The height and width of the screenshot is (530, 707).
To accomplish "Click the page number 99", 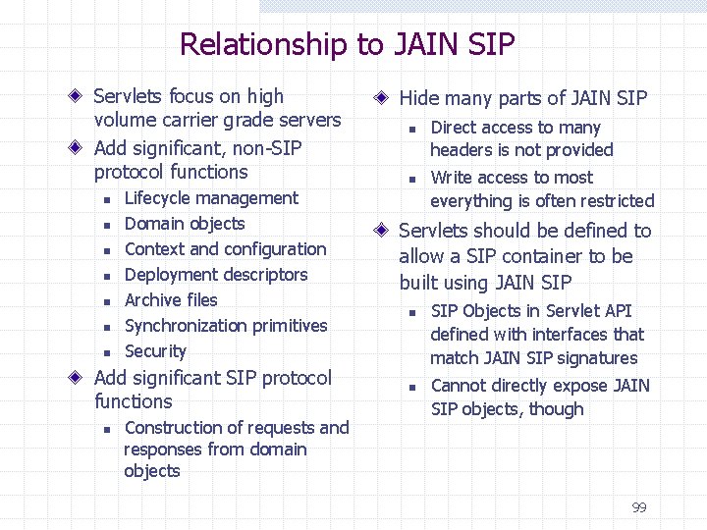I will click(x=639, y=507).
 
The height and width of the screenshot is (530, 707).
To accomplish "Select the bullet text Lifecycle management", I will click(x=211, y=198).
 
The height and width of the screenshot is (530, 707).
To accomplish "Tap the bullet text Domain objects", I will click(x=185, y=224).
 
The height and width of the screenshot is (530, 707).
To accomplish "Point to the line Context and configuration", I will click(x=225, y=249).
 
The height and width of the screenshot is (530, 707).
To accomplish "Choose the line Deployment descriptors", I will click(x=216, y=275).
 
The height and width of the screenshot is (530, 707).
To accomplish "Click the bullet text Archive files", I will click(x=171, y=300).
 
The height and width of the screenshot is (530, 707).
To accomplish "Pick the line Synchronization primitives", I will click(x=226, y=326).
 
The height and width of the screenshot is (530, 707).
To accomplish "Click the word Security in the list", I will click(x=155, y=351).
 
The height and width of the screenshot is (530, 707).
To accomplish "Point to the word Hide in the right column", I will click(x=419, y=98).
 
